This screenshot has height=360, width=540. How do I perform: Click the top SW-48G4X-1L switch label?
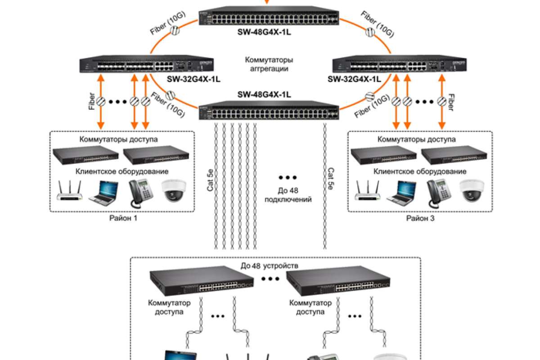tap(264, 32)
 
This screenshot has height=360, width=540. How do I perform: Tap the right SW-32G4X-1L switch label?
tap(354, 79)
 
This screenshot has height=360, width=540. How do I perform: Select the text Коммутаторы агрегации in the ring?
tap(269, 64)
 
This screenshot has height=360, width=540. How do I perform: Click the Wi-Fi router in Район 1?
tap(70, 192)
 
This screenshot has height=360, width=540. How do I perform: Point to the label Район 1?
tap(123, 218)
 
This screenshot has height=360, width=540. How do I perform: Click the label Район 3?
tap(421, 218)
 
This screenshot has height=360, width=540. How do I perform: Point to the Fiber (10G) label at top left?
tap(167, 24)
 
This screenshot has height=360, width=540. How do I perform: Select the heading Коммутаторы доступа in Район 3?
tap(416, 139)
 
